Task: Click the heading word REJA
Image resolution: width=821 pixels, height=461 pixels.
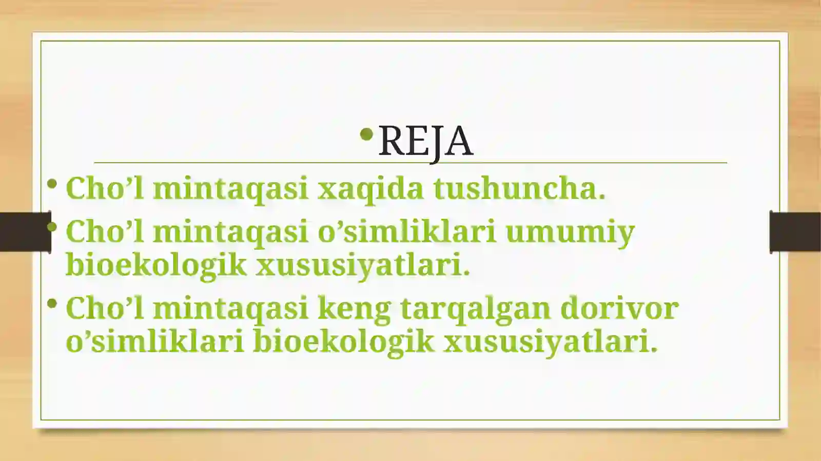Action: tap(425, 141)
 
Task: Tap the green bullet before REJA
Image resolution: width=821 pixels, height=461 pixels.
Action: tap(366, 135)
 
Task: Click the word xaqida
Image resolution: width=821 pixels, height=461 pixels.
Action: tap(370, 188)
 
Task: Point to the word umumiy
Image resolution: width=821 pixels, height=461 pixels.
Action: tap(570, 232)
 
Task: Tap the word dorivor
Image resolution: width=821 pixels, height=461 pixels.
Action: tap(619, 308)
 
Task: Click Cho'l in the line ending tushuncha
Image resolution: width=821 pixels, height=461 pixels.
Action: tap(105, 188)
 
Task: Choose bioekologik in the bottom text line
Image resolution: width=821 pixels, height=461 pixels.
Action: tap(343, 342)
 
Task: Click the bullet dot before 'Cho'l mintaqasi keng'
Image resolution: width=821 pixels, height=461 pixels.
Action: tap(52, 304)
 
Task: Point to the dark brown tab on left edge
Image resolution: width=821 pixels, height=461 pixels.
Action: tap(25, 232)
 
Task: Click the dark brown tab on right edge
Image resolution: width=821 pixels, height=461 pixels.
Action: tap(795, 232)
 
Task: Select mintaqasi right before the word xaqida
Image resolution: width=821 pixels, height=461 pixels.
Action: tap(230, 188)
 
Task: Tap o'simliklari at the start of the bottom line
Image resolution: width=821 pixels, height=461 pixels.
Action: tap(154, 342)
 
